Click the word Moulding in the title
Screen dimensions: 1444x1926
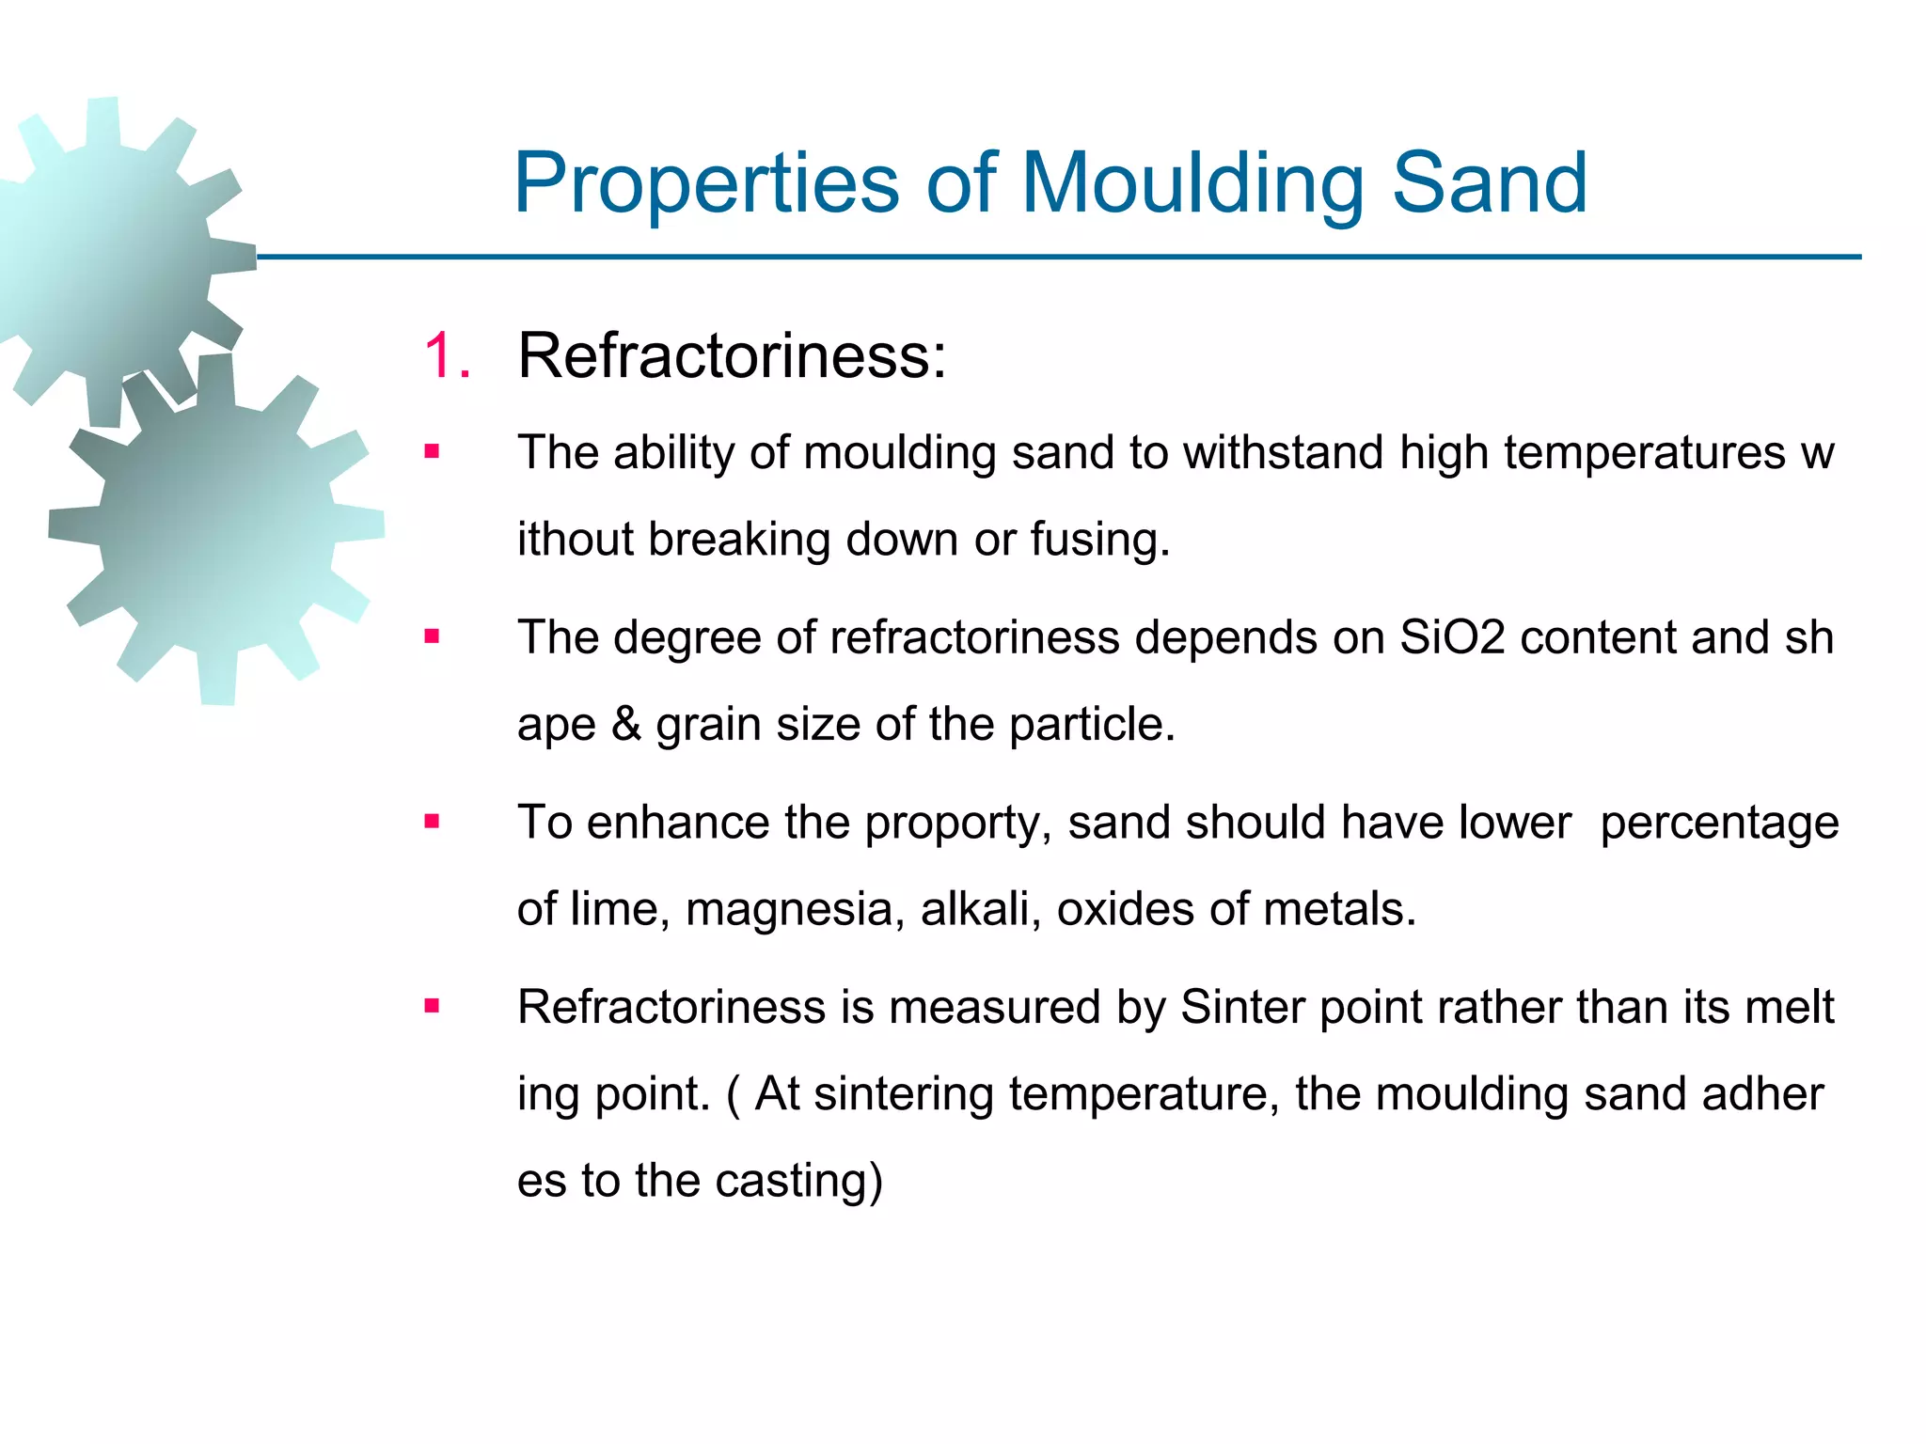coord(1192,184)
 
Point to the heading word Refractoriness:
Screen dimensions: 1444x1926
coord(732,356)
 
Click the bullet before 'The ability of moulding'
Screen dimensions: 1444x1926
coord(432,452)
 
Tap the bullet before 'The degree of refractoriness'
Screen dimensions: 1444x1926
coord(432,637)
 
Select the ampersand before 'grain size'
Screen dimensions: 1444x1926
coord(625,724)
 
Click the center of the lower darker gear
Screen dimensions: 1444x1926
coord(218,529)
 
